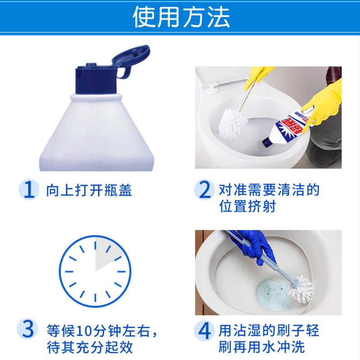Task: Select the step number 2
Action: click(x=204, y=190)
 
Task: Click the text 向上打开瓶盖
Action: click(x=89, y=190)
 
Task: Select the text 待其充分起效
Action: click(x=92, y=348)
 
